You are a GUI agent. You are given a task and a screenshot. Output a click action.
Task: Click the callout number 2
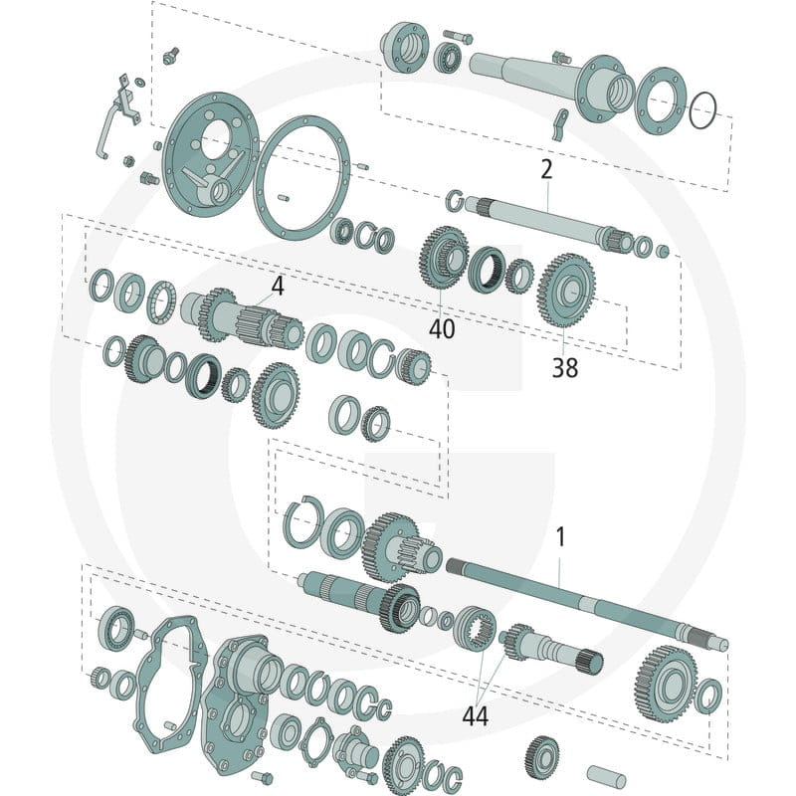[546, 169]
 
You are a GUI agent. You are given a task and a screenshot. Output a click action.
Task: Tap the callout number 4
[278, 286]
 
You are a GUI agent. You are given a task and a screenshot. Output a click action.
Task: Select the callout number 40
[442, 329]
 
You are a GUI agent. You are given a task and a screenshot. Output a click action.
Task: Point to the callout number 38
[564, 367]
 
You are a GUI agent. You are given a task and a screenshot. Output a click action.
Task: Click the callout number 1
[560, 537]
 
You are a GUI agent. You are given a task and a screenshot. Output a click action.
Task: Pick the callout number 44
[476, 716]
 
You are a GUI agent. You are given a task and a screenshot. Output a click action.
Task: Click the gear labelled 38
[566, 290]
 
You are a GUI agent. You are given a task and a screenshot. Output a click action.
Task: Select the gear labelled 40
[443, 257]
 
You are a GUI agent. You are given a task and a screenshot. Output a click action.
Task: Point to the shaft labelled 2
[549, 222]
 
